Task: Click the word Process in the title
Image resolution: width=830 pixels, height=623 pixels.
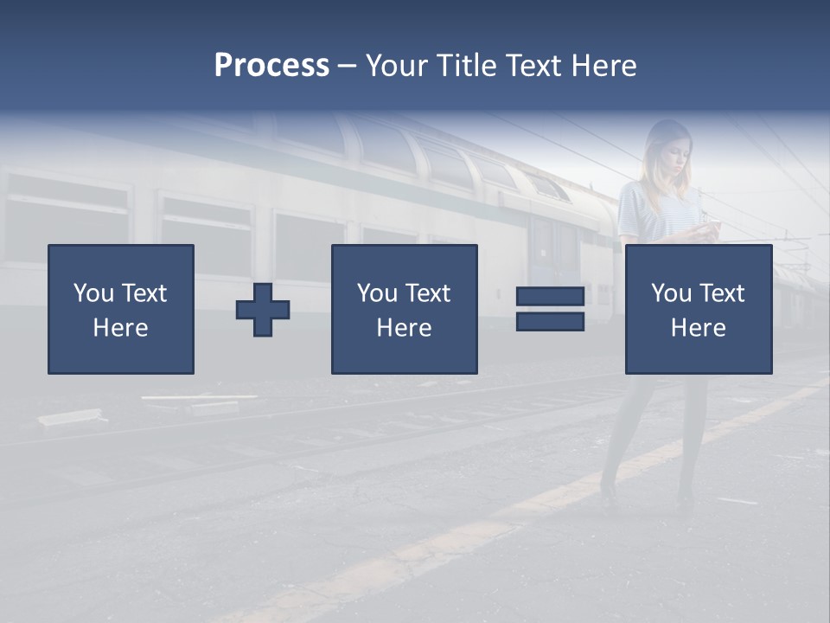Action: [271, 66]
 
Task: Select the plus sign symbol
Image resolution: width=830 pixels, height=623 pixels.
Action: [263, 310]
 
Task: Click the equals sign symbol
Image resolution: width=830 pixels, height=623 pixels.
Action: [550, 309]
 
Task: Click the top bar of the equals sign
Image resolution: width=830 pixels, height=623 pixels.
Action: [550, 297]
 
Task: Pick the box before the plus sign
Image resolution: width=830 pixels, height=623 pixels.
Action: [121, 310]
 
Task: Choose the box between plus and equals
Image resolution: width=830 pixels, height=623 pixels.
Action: [404, 310]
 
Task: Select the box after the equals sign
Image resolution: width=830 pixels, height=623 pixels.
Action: [698, 310]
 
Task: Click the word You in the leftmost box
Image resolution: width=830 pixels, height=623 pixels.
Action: [93, 293]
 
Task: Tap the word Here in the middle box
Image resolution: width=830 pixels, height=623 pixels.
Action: [404, 328]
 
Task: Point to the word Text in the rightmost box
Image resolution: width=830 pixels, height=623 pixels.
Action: [721, 293]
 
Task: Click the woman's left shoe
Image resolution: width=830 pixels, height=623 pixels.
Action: [685, 497]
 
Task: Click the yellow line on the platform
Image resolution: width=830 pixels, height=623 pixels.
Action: [484, 528]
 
